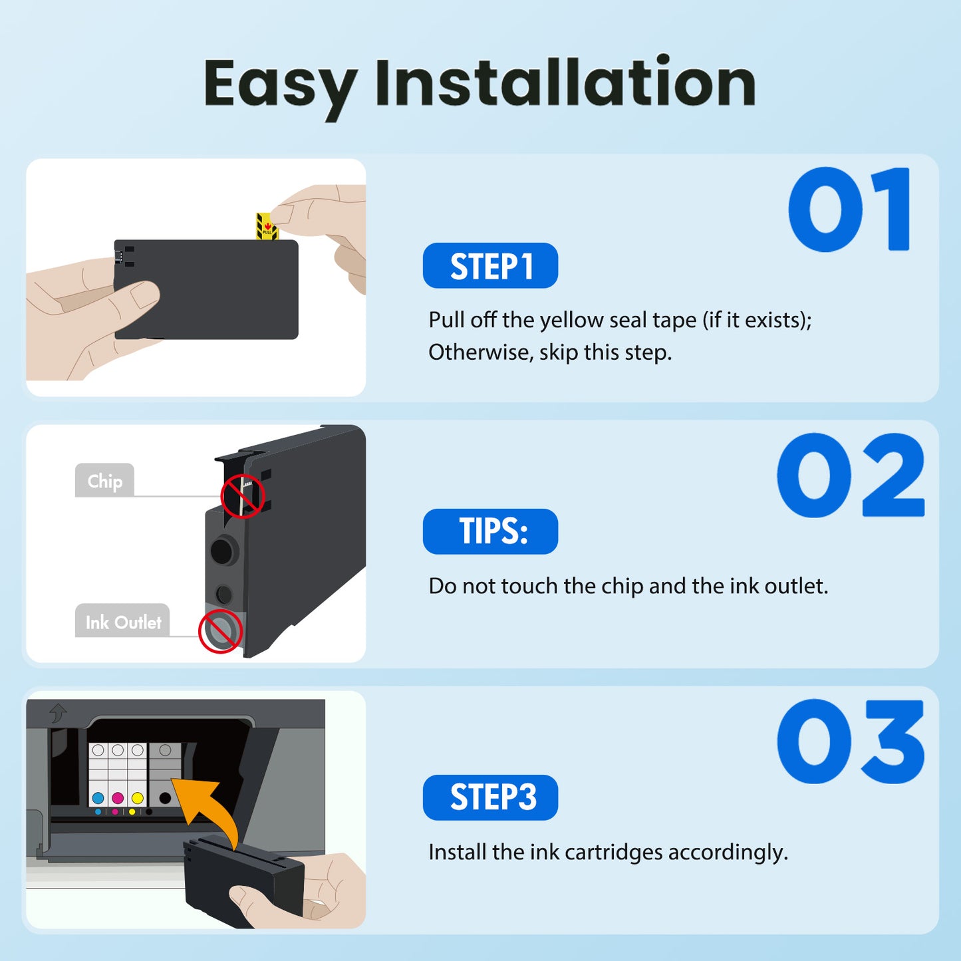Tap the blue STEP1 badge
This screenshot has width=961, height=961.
click(x=490, y=266)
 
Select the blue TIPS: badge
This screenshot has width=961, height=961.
click(x=490, y=531)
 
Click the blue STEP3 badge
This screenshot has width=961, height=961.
click(x=490, y=797)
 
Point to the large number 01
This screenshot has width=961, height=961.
click(x=849, y=210)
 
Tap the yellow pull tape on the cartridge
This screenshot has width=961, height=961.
click(x=266, y=227)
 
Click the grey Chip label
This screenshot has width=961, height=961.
click(x=104, y=480)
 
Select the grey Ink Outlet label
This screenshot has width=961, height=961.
click(x=122, y=621)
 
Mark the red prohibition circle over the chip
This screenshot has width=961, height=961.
click(x=243, y=496)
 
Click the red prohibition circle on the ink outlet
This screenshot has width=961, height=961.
click(x=220, y=630)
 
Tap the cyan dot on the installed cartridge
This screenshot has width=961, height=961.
click(x=98, y=798)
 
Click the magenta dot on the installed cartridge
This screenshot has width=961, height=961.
click(x=118, y=798)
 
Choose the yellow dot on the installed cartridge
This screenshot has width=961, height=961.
click(x=137, y=798)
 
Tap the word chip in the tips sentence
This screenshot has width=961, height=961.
click(x=622, y=587)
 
